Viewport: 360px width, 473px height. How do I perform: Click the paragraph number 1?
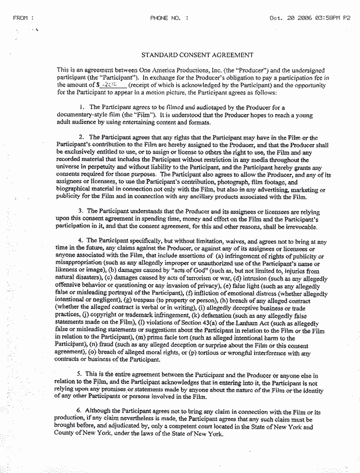tap(81, 106)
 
